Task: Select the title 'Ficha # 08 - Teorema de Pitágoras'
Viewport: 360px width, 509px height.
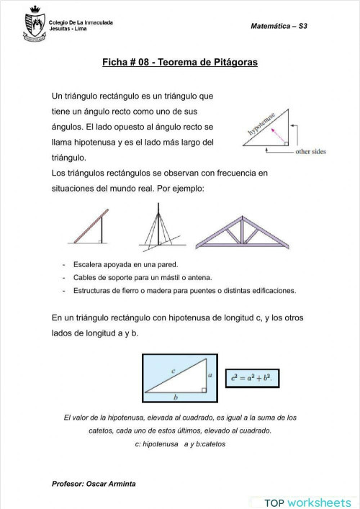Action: [x=180, y=63]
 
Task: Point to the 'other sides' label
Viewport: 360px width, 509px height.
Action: [x=311, y=152]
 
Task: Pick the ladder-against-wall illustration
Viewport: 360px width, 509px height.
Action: [x=94, y=226]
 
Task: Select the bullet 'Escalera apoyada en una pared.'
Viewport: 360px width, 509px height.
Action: [x=120, y=265]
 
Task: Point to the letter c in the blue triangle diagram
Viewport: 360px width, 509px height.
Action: [x=174, y=370]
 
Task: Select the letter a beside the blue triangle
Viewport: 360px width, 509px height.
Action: [x=208, y=375]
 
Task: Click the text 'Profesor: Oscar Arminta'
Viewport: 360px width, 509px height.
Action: [x=94, y=483]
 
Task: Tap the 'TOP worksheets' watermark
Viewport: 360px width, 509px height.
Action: [x=307, y=502]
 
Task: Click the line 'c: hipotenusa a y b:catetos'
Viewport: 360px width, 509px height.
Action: [x=179, y=444]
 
